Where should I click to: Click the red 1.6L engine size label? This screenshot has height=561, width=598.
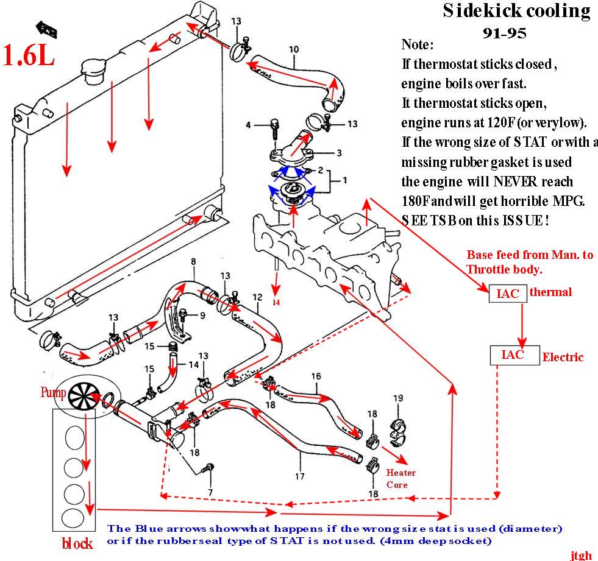pyautogui.click(x=29, y=54)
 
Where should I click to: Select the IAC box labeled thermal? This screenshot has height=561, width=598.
pyautogui.click(x=507, y=293)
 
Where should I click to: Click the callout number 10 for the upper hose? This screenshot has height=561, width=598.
pyautogui.click(x=294, y=49)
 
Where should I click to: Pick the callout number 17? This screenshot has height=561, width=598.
pyautogui.click(x=299, y=476)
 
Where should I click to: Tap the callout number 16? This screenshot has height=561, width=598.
pyautogui.click(x=316, y=376)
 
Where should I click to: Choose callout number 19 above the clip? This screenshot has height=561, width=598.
pyautogui.click(x=398, y=398)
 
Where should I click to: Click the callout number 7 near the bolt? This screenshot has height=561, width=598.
pyautogui.click(x=210, y=492)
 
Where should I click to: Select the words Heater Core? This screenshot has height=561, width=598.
pyautogui.click(x=401, y=478)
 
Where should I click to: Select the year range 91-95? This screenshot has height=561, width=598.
pyautogui.click(x=504, y=33)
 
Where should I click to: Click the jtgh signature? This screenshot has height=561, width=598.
pyautogui.click(x=581, y=555)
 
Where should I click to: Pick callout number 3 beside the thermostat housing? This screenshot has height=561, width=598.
pyautogui.click(x=339, y=152)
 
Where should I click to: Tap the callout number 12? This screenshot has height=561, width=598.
pyautogui.click(x=258, y=298)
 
